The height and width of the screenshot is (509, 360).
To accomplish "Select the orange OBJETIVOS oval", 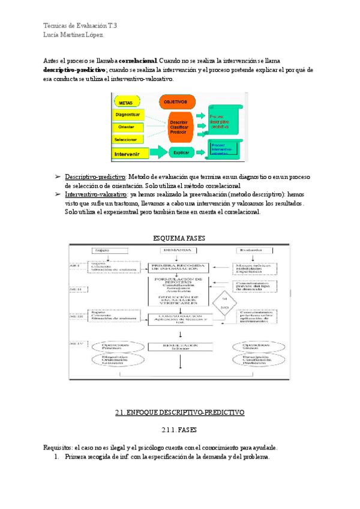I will point(178,102).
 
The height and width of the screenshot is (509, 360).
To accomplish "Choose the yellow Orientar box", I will point(127,127).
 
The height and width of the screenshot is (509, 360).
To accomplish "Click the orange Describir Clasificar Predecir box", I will point(179,126).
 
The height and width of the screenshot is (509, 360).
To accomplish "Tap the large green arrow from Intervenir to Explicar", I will point(156,152).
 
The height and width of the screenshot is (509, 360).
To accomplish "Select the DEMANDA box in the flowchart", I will point(180,250).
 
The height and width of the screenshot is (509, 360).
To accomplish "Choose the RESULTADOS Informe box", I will point(180,347).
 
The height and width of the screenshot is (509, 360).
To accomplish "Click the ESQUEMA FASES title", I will point(180,238).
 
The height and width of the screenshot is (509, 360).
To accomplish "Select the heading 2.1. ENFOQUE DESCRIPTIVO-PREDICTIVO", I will point(180,413).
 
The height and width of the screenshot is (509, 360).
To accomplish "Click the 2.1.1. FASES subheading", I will point(180,430).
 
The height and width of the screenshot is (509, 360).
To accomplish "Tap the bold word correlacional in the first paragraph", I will point(138,61).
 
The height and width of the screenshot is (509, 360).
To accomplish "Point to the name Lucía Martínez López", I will point(74,35).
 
